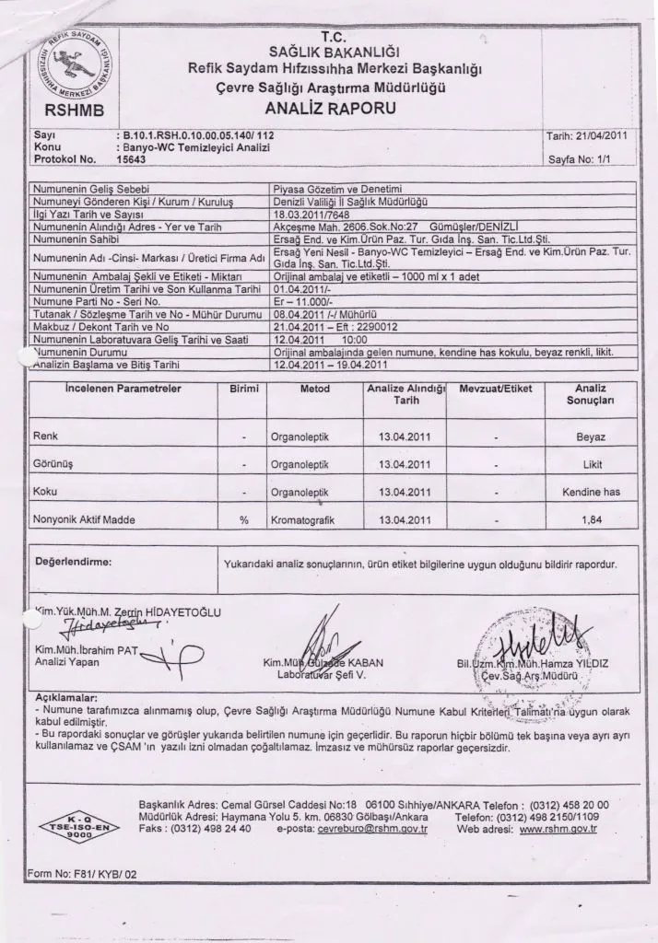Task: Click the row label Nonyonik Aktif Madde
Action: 84,520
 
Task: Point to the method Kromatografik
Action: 302,520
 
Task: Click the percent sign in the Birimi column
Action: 244,520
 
